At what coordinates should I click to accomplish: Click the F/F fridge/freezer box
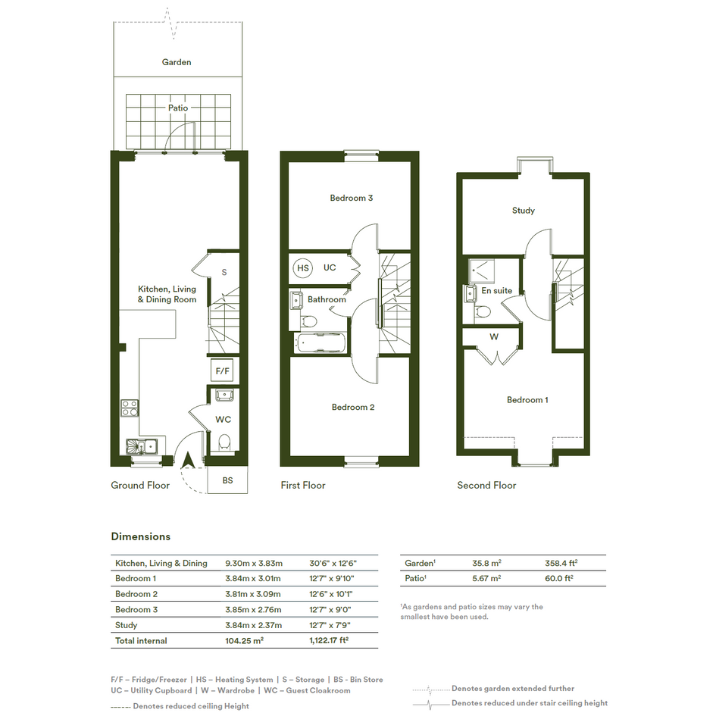(223, 371)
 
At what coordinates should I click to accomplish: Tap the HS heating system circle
(303, 268)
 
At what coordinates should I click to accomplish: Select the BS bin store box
(227, 480)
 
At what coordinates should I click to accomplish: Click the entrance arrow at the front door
(188, 461)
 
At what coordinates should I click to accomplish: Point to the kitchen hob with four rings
(130, 408)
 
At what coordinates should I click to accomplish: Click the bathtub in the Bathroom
(320, 342)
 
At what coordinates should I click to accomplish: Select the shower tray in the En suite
(482, 270)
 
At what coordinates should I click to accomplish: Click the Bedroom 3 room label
(351, 198)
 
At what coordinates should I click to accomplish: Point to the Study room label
(524, 211)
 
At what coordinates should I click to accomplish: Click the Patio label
(177, 108)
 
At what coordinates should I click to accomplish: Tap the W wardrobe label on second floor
(493, 337)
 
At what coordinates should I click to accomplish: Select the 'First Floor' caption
(303, 486)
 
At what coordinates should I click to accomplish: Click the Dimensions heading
(141, 536)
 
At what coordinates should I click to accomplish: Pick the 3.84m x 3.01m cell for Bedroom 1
(253, 579)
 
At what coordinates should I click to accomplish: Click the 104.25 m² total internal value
(244, 641)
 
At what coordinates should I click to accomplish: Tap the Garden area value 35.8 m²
(486, 563)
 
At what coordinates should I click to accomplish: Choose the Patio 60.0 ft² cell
(559, 578)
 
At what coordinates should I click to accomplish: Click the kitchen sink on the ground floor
(142, 446)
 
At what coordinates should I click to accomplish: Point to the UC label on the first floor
(330, 267)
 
